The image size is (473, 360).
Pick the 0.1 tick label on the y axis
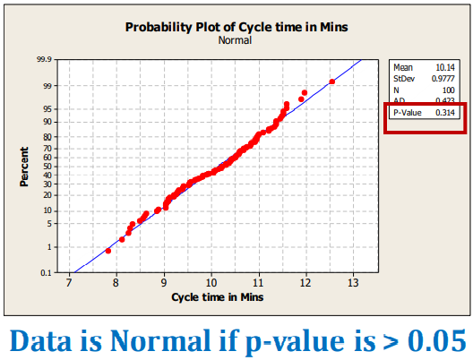pyautogui.click(x=47, y=272)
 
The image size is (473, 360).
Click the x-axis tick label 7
pyautogui.click(x=69, y=284)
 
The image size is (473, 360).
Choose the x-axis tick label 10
pyautogui.click(x=211, y=284)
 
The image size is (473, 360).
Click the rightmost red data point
pyautogui.click(x=332, y=81)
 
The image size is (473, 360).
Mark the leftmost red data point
pyautogui.click(x=108, y=251)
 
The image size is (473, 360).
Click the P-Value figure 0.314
pyautogui.click(x=446, y=114)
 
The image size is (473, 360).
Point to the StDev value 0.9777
pyautogui.click(x=445, y=78)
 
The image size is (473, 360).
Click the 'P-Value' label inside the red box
pyautogui.click(x=408, y=114)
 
